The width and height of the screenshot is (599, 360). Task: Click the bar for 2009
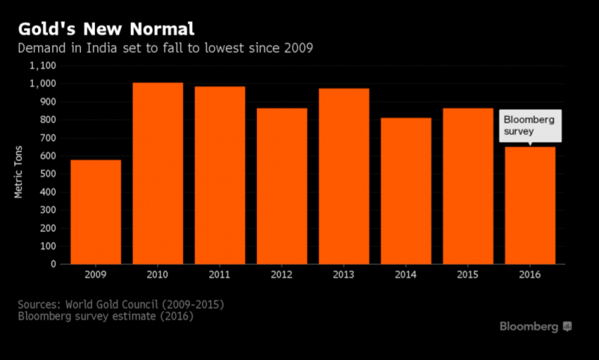point(96,212)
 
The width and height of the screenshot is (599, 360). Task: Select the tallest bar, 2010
point(158,173)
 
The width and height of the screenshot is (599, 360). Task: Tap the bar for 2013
point(344,176)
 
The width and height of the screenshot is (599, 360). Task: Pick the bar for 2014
point(405,191)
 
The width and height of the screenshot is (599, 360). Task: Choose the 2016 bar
point(529,205)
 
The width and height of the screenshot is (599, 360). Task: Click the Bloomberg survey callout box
point(529,125)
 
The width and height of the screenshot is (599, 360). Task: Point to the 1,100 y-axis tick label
point(42,65)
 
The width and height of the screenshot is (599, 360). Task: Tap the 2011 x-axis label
point(219,275)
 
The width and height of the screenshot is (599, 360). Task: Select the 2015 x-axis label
point(467,275)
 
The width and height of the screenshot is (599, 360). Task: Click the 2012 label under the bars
point(282,275)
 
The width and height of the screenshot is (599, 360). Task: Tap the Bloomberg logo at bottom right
point(535,327)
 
